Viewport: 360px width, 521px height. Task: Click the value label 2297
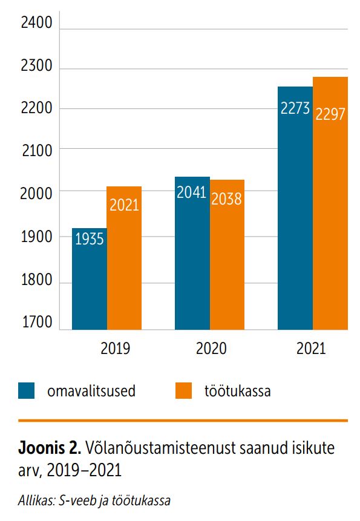(x=330, y=114)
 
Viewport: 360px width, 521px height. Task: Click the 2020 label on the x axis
(x=211, y=349)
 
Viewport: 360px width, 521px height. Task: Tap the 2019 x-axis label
(x=115, y=349)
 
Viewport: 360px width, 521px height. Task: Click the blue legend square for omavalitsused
(x=27, y=391)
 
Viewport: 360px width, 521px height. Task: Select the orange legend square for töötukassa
(x=183, y=391)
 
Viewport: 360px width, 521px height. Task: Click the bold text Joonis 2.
(x=50, y=448)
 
